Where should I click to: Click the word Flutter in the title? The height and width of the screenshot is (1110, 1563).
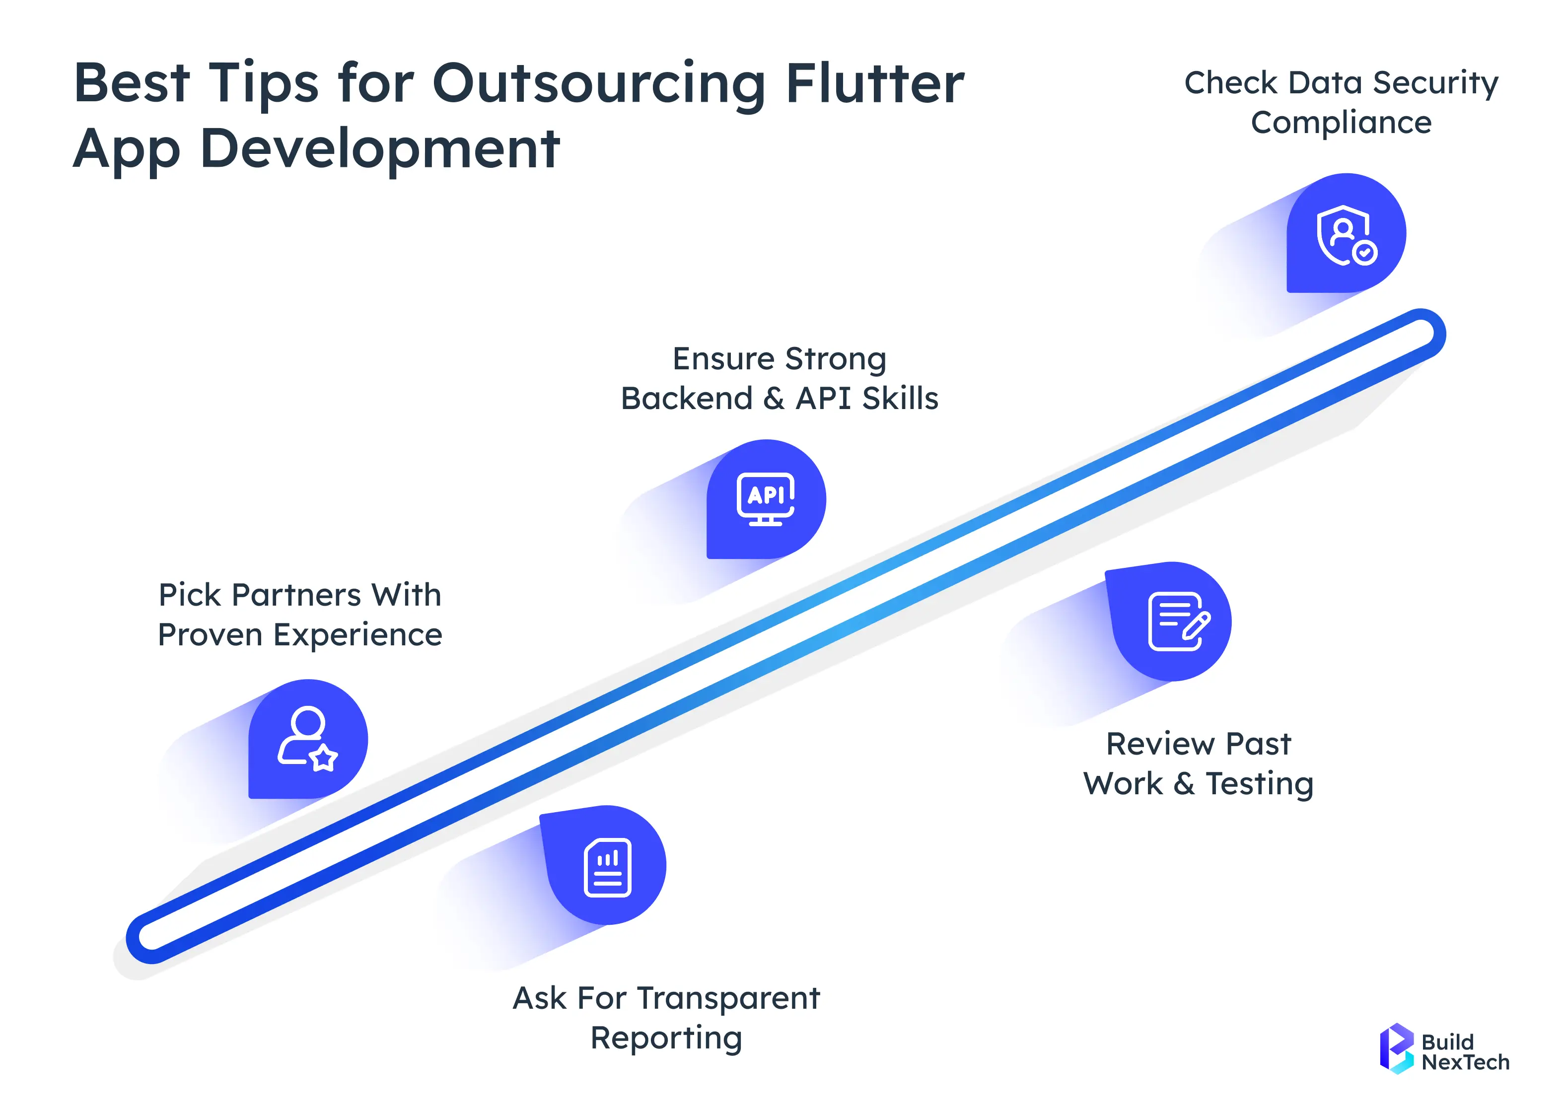tap(875, 83)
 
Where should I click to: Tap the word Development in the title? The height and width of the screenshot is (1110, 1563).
tap(380, 148)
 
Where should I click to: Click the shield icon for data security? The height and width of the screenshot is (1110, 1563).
tap(1345, 234)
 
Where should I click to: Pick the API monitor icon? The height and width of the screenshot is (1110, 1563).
tap(766, 498)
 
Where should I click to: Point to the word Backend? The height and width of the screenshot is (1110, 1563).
tap(686, 399)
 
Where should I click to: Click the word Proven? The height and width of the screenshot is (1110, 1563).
tap(210, 635)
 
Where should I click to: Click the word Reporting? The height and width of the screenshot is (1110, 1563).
tap(666, 1038)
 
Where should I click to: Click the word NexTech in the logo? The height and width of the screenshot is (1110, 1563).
tap(1465, 1062)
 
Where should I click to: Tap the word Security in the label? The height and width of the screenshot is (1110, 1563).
tap(1435, 83)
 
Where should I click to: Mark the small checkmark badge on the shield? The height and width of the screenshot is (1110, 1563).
tap(1365, 252)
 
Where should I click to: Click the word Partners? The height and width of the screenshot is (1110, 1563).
tap(295, 595)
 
